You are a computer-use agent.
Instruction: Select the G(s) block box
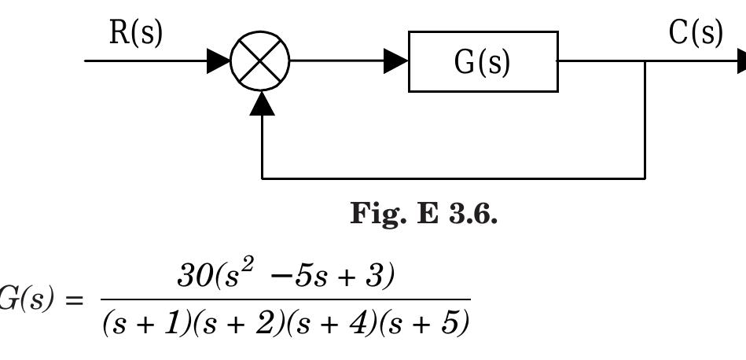click(x=483, y=61)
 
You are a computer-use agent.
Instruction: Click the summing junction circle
click(x=260, y=61)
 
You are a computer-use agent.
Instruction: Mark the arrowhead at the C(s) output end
click(x=740, y=61)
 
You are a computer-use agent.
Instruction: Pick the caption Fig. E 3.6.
click(x=423, y=215)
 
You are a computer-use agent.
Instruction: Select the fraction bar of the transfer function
click(x=286, y=300)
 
